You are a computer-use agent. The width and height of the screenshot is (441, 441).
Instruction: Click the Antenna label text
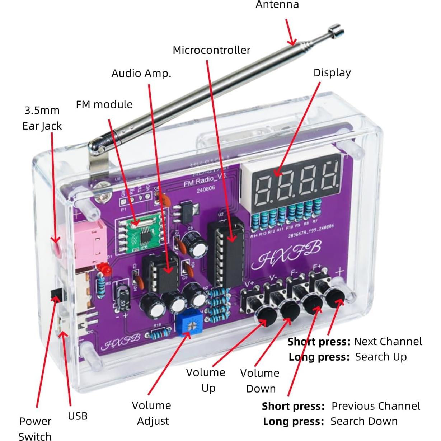click(277, 5)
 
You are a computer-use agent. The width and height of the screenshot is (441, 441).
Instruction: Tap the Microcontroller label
click(211, 50)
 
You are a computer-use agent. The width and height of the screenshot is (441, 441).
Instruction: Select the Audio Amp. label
click(141, 74)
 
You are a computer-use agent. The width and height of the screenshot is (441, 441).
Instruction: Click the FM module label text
click(104, 105)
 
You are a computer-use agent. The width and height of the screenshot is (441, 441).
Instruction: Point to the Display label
click(332, 73)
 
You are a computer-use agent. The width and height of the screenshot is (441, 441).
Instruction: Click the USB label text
click(78, 416)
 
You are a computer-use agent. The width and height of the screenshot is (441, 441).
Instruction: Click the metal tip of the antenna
click(336, 30)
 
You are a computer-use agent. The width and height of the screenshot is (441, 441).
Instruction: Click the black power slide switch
click(57, 293)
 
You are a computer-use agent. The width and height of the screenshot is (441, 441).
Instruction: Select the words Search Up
click(381, 357)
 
